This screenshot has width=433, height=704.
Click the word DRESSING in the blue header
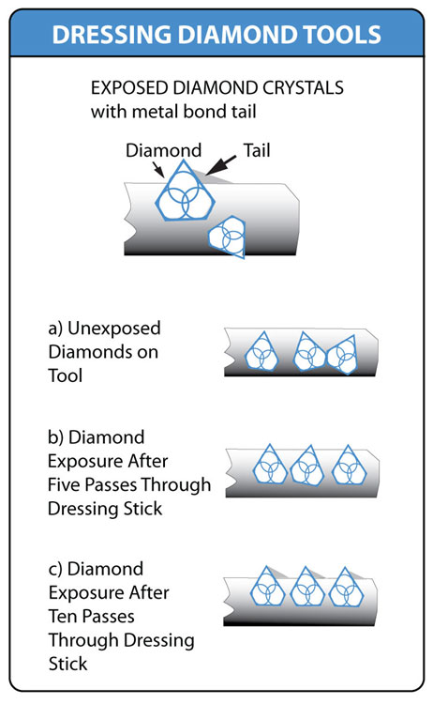[112, 35]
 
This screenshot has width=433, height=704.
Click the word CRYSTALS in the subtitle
[303, 87]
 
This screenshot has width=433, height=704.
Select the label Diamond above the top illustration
[164, 150]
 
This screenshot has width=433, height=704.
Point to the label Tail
[257, 150]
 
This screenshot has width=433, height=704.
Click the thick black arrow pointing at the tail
[221, 165]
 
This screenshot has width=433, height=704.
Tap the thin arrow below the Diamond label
[158, 169]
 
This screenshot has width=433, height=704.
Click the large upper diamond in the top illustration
[186, 190]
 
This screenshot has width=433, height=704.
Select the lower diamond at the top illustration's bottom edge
[227, 237]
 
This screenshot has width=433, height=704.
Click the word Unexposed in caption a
[113, 329]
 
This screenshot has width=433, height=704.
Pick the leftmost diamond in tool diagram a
[261, 352]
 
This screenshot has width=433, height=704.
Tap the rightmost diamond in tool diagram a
[343, 355]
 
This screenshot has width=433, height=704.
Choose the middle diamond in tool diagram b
[307, 466]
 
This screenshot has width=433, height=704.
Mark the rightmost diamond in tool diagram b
[349, 466]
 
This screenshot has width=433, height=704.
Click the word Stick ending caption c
[68, 664]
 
